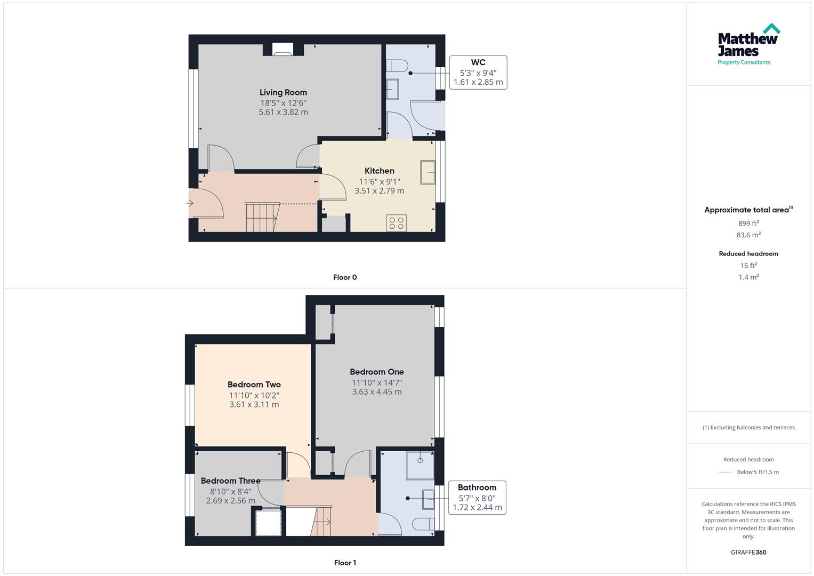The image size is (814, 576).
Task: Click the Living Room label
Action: (x=283, y=92)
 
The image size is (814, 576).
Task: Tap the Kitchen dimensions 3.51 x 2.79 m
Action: (x=379, y=191)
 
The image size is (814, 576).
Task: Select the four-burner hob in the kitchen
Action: (x=396, y=223)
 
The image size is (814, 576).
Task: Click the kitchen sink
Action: (x=428, y=172)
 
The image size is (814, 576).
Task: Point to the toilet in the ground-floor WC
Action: (x=397, y=66)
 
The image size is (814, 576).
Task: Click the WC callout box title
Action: (x=478, y=62)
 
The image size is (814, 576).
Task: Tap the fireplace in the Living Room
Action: (x=283, y=50)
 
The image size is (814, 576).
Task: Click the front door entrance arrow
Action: (x=190, y=203)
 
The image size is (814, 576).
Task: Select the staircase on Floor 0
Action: (x=261, y=217)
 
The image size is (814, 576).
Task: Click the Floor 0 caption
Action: (x=345, y=277)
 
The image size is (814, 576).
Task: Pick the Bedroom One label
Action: (x=376, y=372)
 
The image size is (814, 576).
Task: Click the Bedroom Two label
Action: (x=254, y=385)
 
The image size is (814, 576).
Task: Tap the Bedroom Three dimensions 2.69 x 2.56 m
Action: (x=230, y=501)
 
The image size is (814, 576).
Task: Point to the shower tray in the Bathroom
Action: (x=420, y=465)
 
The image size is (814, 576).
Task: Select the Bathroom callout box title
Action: (x=477, y=487)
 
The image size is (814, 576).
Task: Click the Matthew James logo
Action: (x=748, y=44)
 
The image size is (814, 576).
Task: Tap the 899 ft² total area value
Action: (x=748, y=223)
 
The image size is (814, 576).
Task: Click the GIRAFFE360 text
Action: (x=748, y=553)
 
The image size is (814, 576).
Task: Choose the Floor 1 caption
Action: (x=345, y=563)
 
